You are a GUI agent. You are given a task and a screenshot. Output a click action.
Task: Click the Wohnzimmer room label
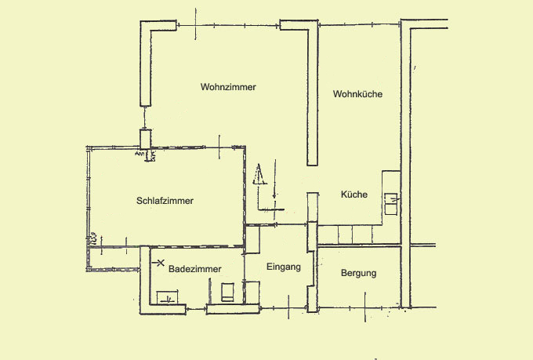pos(228,87)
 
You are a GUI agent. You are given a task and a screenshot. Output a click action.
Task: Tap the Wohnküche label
pos(357,94)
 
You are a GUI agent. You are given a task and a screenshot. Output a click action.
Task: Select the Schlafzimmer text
pos(165,201)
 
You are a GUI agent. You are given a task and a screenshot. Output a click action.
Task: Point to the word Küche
pos(354,195)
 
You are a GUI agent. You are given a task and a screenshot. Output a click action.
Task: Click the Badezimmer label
pos(194,269)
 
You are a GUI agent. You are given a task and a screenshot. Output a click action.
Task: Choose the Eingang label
pos(284,267)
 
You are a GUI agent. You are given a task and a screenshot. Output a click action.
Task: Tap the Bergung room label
pos(359,273)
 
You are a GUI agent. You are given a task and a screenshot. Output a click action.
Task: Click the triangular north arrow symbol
pos(259,174)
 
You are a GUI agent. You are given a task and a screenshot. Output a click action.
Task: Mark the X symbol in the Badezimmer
pos(161,263)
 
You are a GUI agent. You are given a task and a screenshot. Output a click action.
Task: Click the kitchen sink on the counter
pos(391,204)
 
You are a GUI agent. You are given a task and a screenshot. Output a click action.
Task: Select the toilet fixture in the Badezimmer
pos(227,292)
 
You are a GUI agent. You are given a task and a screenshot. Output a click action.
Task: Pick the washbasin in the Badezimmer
pos(167,297)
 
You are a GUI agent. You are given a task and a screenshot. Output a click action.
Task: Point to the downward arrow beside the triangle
pos(274,179)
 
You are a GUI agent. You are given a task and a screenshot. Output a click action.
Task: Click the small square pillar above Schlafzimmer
pos(146,139)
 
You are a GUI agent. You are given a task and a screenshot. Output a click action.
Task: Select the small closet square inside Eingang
pos(252,292)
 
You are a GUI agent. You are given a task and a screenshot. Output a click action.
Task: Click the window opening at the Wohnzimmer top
pos(228,25)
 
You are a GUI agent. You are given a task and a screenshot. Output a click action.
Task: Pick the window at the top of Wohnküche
pos(359,24)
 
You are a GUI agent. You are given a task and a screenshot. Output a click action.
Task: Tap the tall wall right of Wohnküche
pos(406,163)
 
